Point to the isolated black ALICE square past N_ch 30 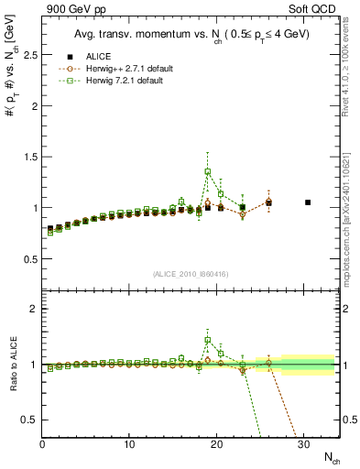click(x=308, y=202)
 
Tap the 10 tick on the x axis click(x=130, y=444)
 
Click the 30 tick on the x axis click(x=304, y=444)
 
